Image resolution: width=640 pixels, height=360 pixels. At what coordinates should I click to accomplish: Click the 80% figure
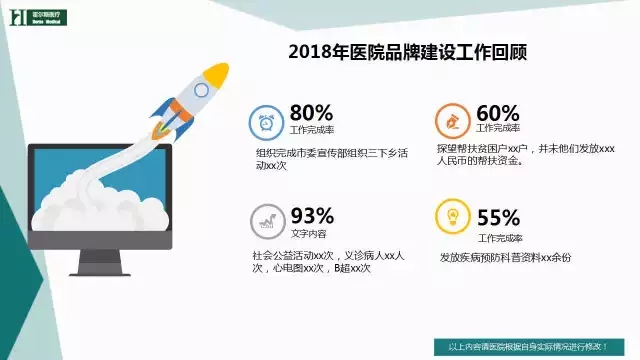coord(311,112)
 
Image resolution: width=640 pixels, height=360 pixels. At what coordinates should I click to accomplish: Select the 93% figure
coord(311,216)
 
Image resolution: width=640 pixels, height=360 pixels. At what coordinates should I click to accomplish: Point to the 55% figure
coord(498,217)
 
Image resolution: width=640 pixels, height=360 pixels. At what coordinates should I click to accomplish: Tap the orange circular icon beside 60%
coord(453,121)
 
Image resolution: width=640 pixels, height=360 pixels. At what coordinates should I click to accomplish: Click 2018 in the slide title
coord(308,51)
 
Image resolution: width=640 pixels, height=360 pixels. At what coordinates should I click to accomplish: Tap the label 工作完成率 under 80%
coord(310,130)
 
